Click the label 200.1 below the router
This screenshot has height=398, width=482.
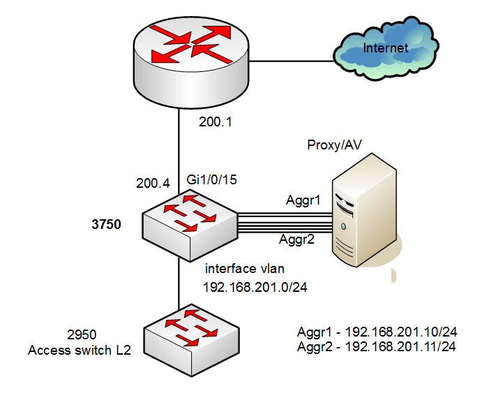point(215,121)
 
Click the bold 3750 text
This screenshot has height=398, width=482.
point(107,225)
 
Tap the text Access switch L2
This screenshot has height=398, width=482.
point(80,351)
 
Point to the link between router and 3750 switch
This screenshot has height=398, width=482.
point(180,154)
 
